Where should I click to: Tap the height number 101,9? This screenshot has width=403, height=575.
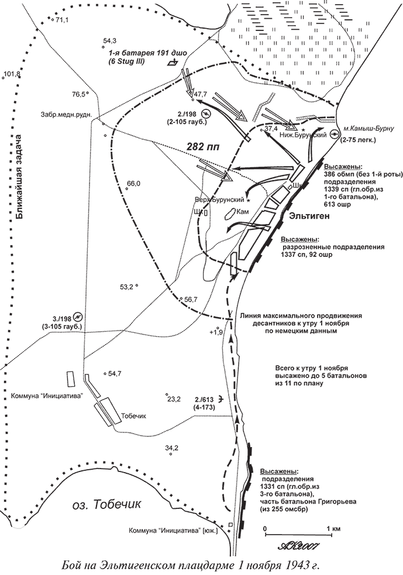[12, 74]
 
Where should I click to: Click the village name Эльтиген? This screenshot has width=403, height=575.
[310, 216]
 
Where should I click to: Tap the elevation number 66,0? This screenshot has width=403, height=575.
[133, 184]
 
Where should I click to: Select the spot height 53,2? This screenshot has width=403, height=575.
[127, 287]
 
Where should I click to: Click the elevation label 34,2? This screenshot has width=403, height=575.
[171, 448]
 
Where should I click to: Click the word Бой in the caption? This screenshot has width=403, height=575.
[71, 566]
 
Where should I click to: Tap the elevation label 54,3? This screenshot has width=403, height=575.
[110, 40]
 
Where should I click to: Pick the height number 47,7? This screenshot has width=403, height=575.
[201, 94]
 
